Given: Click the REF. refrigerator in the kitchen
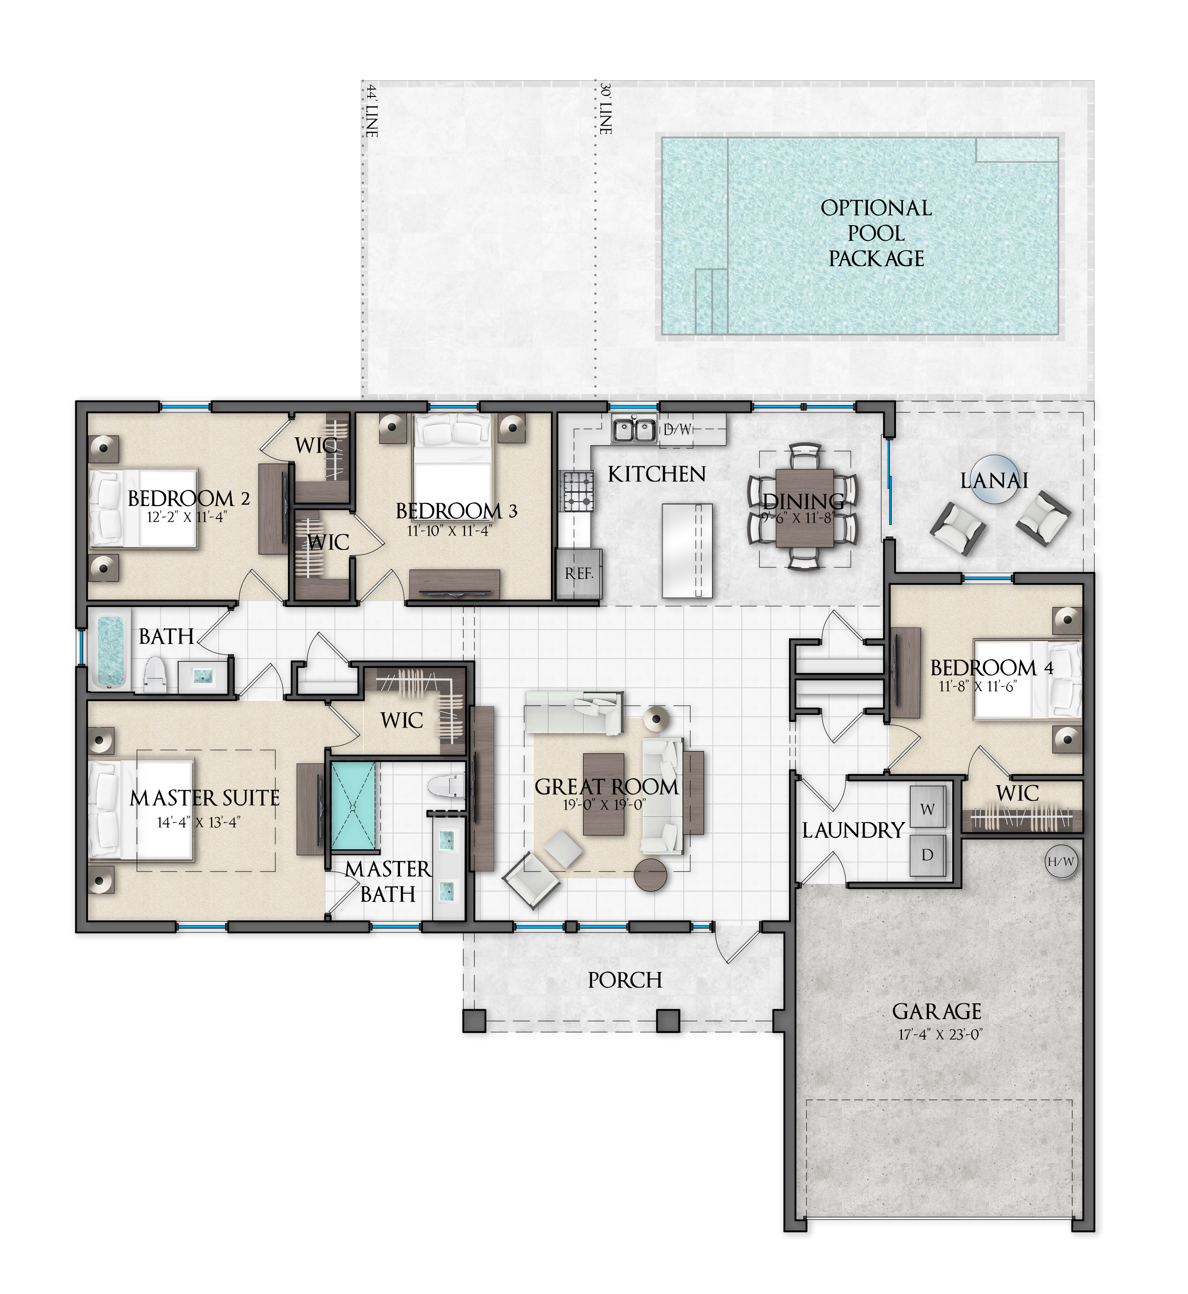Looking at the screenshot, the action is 579,574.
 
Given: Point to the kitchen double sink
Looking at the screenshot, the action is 634,429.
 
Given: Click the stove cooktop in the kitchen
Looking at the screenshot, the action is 577,491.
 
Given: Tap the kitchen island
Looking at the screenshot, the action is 687,551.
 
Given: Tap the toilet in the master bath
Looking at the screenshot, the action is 445,786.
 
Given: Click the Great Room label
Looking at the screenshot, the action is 606,787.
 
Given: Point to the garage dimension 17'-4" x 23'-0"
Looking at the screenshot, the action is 940,1035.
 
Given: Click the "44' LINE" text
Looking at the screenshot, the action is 371,110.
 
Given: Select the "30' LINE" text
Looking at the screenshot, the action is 605,108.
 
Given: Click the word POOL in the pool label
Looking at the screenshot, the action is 876,233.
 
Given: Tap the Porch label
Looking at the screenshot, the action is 625,980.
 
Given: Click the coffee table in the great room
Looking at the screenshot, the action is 603,794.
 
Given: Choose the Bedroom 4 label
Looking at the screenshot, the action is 992,668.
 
